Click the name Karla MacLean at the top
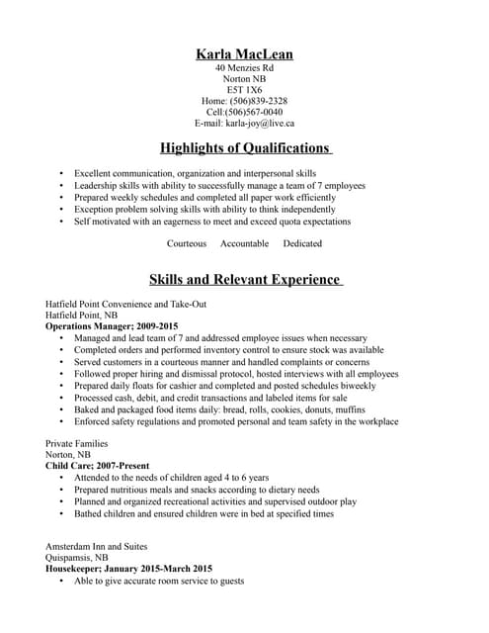pos(244,53)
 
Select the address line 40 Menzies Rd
pos(244,68)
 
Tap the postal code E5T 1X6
pos(244,90)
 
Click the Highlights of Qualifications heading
pos(245,148)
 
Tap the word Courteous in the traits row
pos(187,243)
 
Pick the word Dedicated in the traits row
pos(302,243)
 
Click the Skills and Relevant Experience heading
pos(245,280)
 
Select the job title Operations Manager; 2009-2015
pos(112,325)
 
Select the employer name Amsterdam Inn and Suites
pos(102,546)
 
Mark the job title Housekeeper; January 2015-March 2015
pos(128,569)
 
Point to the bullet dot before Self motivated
pos(62,222)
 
